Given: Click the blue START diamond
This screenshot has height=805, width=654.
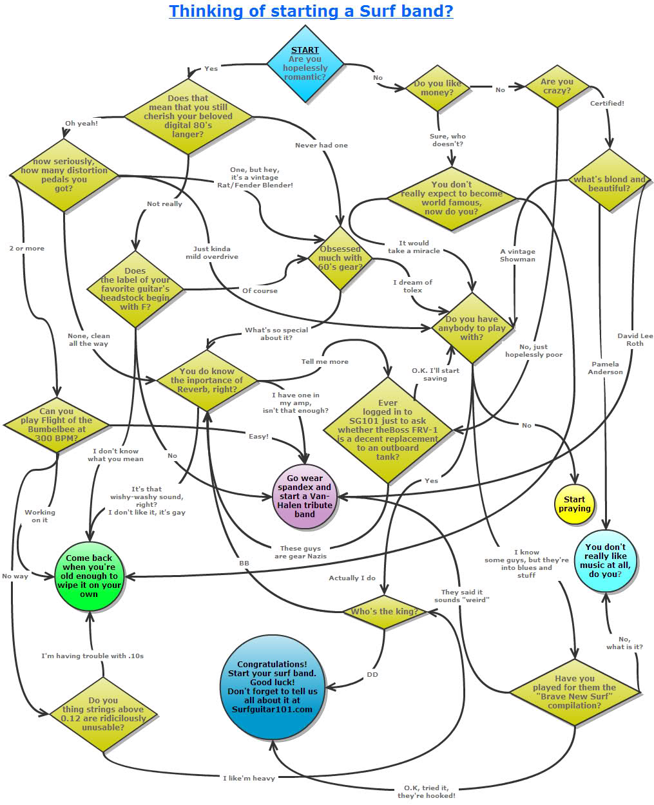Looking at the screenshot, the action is [x=305, y=64].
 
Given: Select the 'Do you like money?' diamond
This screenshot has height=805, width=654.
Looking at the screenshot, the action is [x=438, y=88].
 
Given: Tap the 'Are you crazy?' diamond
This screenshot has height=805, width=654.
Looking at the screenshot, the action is [x=557, y=86].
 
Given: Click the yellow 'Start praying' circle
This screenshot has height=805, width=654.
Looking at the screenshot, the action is [x=574, y=504].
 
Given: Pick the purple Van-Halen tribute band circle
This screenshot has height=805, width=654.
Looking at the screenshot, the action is [x=305, y=497].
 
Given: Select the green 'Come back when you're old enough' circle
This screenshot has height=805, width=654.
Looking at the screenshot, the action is [x=89, y=576].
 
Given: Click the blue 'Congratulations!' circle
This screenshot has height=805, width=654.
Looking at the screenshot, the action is [x=272, y=687].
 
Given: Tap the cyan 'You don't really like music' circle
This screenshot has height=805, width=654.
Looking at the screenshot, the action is [x=605, y=560].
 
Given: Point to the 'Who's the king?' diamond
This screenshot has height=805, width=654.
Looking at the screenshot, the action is [x=385, y=612].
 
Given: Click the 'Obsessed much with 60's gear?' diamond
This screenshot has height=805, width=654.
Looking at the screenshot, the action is [x=340, y=258].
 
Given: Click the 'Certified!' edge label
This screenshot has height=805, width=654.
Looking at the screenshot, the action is [x=607, y=103].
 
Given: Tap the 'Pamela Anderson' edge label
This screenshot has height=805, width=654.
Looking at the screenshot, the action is [x=605, y=368].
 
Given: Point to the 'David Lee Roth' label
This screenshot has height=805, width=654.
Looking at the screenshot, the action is [x=635, y=339].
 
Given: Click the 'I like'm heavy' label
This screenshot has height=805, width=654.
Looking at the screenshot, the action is [x=249, y=778].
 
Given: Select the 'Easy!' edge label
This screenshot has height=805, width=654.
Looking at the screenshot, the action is [x=258, y=436].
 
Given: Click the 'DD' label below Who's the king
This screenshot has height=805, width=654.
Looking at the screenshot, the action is [x=372, y=674].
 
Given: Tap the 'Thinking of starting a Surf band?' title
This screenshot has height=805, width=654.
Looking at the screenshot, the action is [x=311, y=11].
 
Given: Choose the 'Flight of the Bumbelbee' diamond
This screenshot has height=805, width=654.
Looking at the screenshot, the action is [x=57, y=425].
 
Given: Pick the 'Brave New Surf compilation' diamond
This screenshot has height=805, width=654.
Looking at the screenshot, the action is [x=575, y=692].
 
